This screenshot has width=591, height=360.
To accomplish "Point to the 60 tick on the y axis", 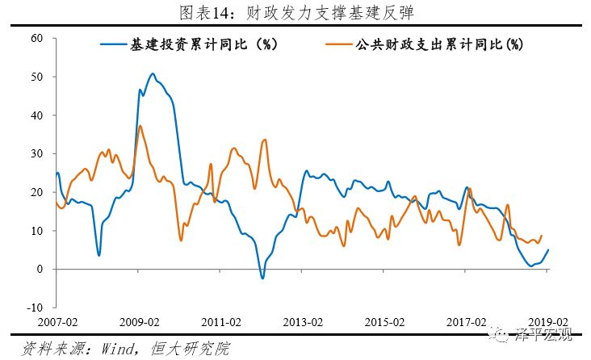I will [37, 39].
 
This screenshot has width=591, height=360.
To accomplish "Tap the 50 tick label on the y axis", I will [37, 77].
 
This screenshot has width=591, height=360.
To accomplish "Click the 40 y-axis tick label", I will [37, 115].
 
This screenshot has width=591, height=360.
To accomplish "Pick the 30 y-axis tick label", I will [37, 153].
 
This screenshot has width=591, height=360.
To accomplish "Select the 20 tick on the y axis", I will [37, 192].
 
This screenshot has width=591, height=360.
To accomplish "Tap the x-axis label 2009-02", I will [140, 321].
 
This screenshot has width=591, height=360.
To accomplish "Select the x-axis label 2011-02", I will [222, 321].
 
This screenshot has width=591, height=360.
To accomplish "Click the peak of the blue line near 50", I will [153, 73].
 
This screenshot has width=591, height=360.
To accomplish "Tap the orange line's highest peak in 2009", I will [140, 125].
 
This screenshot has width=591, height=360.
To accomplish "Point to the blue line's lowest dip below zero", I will [262, 278].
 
